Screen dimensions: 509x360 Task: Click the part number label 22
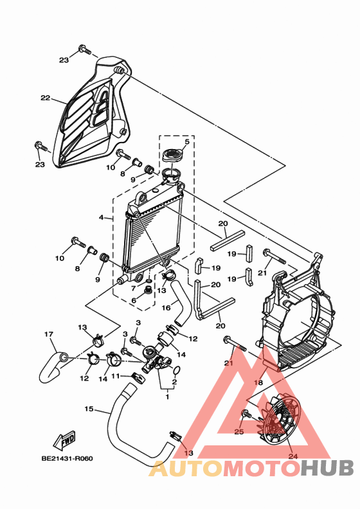click(45, 98)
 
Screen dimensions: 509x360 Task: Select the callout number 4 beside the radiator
click(102, 218)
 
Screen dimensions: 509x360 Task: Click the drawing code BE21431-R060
click(67, 459)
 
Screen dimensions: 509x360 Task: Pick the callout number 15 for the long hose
click(89, 409)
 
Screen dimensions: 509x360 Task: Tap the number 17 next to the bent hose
click(48, 334)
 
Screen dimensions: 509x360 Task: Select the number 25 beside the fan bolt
click(239, 433)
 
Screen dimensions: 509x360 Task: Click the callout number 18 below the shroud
click(258, 382)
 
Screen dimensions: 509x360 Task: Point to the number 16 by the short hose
click(166, 308)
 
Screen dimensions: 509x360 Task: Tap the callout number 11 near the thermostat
click(116, 376)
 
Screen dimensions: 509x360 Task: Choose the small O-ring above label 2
click(177, 371)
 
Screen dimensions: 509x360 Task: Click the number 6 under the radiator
click(134, 300)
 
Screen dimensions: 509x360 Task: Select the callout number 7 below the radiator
click(134, 288)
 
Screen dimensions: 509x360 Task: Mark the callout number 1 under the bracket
click(167, 397)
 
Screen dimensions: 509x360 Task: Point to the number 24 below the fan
click(294, 457)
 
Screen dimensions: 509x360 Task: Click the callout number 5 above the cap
click(186, 141)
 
